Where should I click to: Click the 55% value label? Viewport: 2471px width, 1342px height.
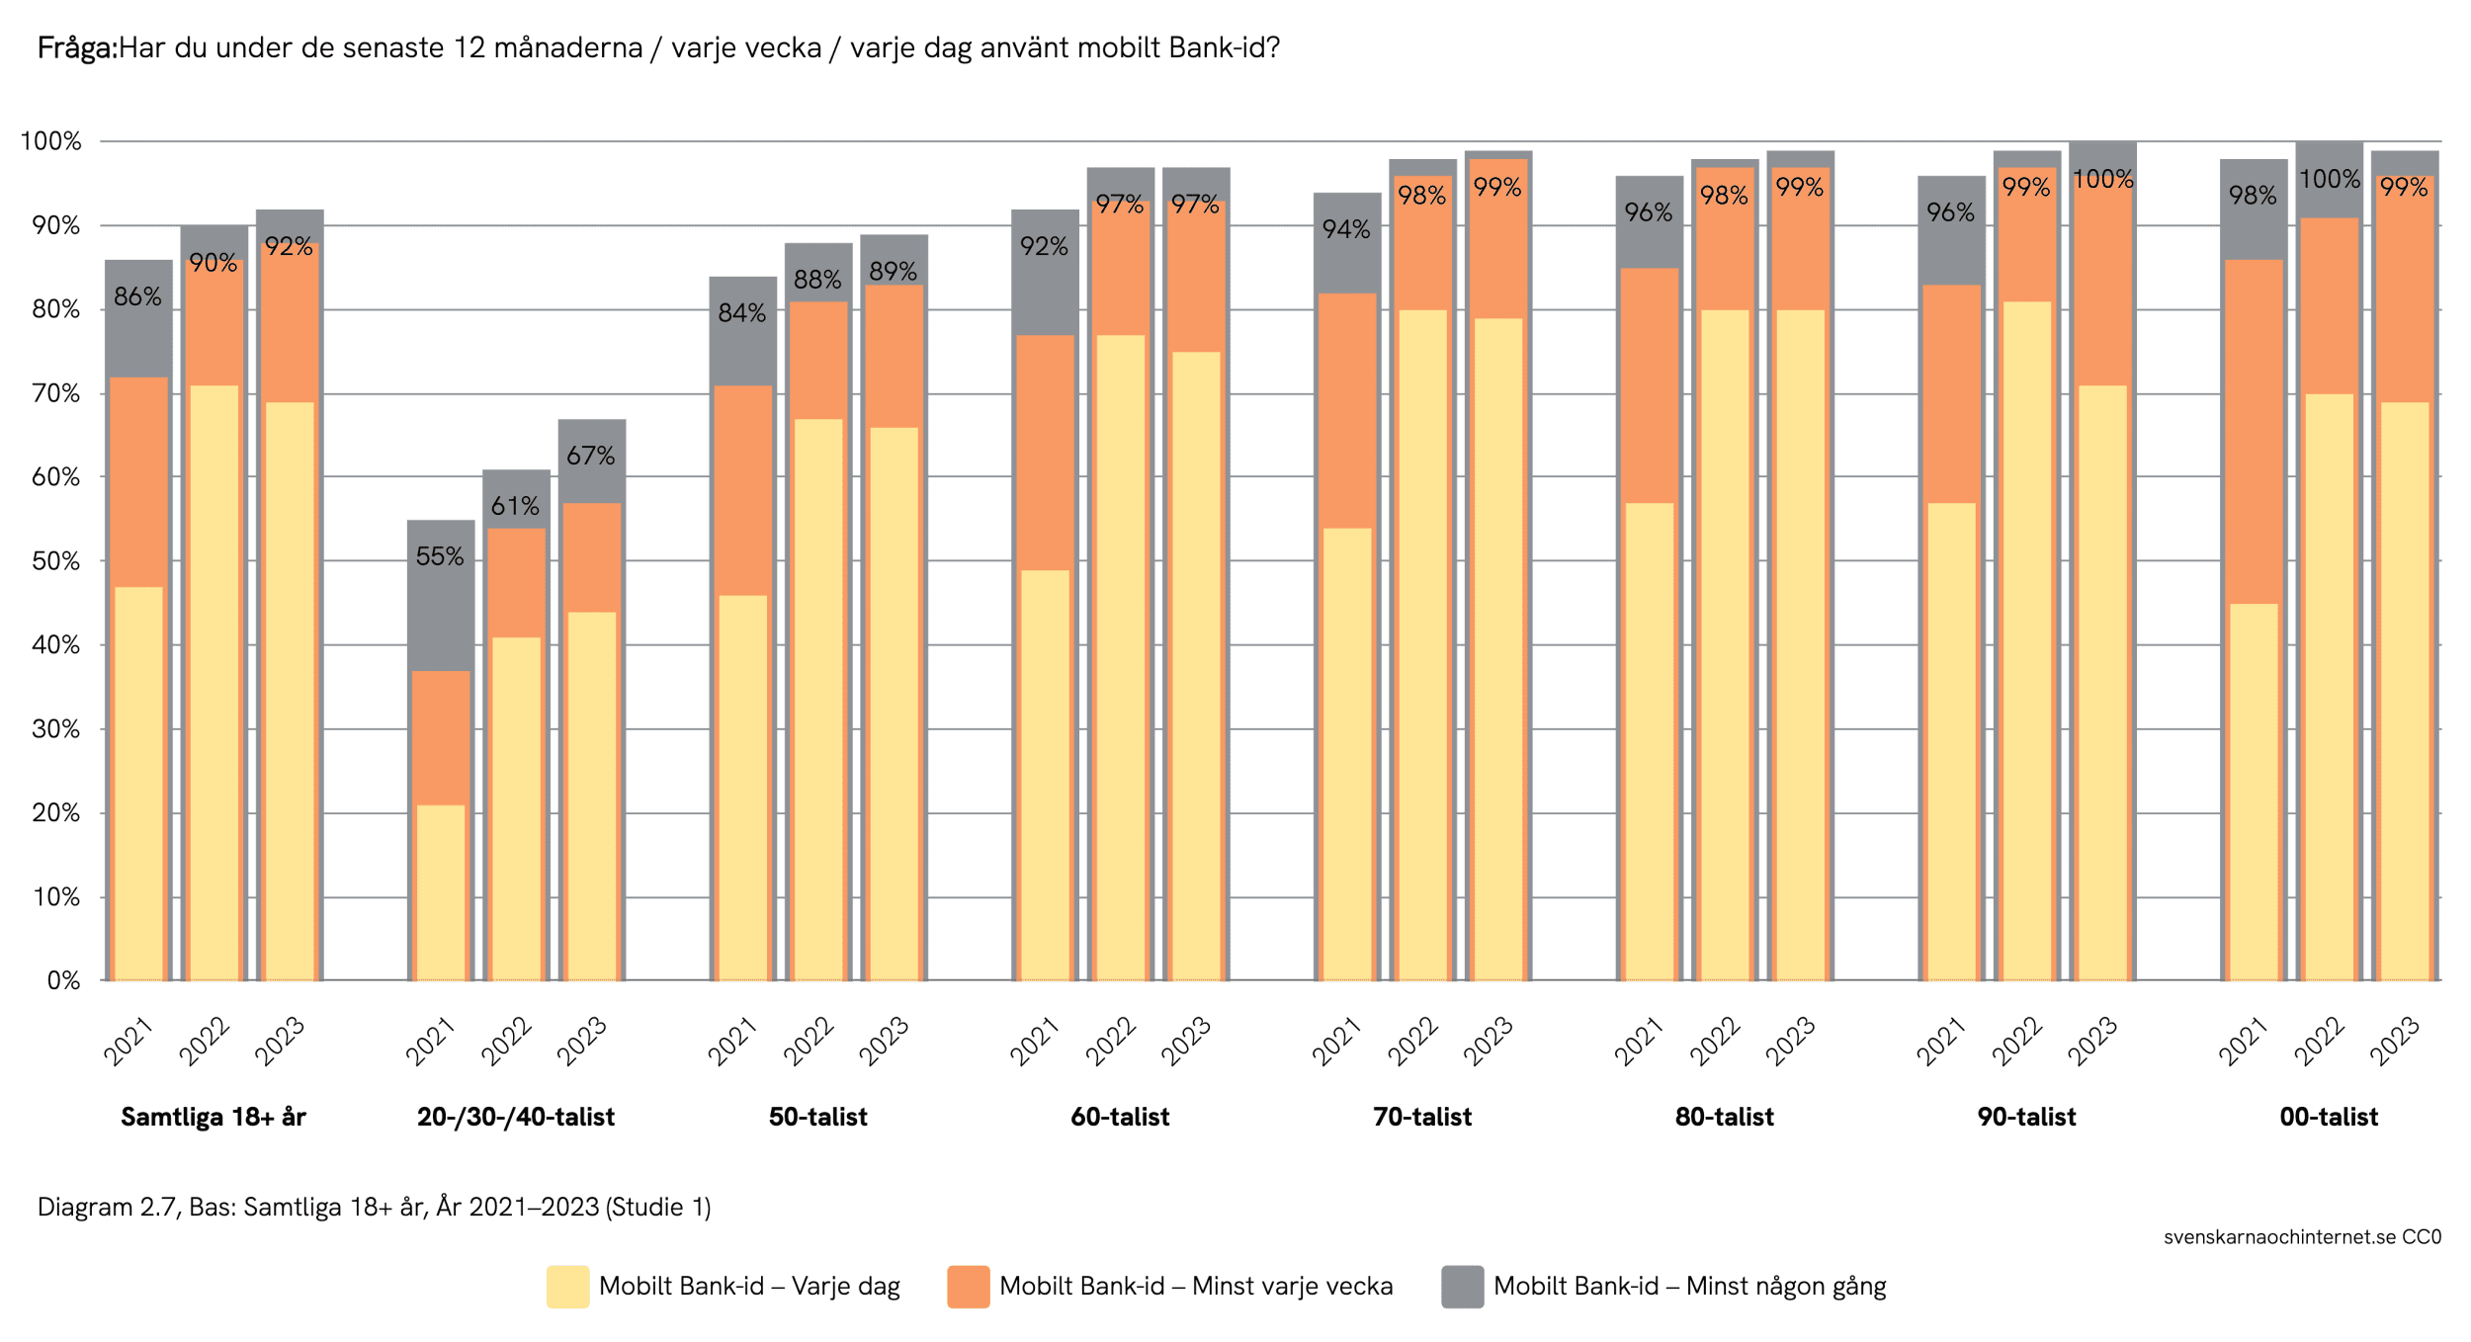click(x=439, y=557)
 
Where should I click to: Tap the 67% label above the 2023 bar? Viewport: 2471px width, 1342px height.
click(x=590, y=457)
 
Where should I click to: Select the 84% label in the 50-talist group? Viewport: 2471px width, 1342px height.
click(x=741, y=313)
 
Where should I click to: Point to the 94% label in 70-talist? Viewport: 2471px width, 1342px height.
click(x=1346, y=229)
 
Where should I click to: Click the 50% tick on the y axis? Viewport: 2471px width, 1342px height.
click(x=55, y=561)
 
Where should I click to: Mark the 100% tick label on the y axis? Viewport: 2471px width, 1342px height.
click(x=50, y=141)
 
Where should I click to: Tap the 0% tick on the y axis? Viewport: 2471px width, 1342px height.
click(x=63, y=981)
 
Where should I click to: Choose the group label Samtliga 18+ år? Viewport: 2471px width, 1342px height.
click(x=213, y=1118)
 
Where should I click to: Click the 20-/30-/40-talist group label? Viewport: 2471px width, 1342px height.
click(x=515, y=1118)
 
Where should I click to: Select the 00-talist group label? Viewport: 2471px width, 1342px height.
click(x=2329, y=1118)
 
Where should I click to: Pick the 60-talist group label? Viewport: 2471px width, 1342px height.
click(x=1120, y=1118)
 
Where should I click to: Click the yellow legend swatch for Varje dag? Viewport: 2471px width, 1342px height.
click(x=567, y=1287)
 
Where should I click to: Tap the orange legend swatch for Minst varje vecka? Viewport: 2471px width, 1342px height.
click(x=968, y=1287)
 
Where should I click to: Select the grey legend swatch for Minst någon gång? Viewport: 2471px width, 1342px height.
click(x=1462, y=1287)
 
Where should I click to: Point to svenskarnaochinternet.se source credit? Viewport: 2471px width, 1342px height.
click(x=2301, y=1237)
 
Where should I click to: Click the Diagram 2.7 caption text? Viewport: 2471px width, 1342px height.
click(x=374, y=1208)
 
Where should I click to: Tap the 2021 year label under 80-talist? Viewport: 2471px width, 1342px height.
click(x=1639, y=1042)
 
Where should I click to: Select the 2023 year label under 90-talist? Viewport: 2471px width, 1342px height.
click(x=2092, y=1042)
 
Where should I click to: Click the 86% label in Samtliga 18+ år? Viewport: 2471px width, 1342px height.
click(x=137, y=296)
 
